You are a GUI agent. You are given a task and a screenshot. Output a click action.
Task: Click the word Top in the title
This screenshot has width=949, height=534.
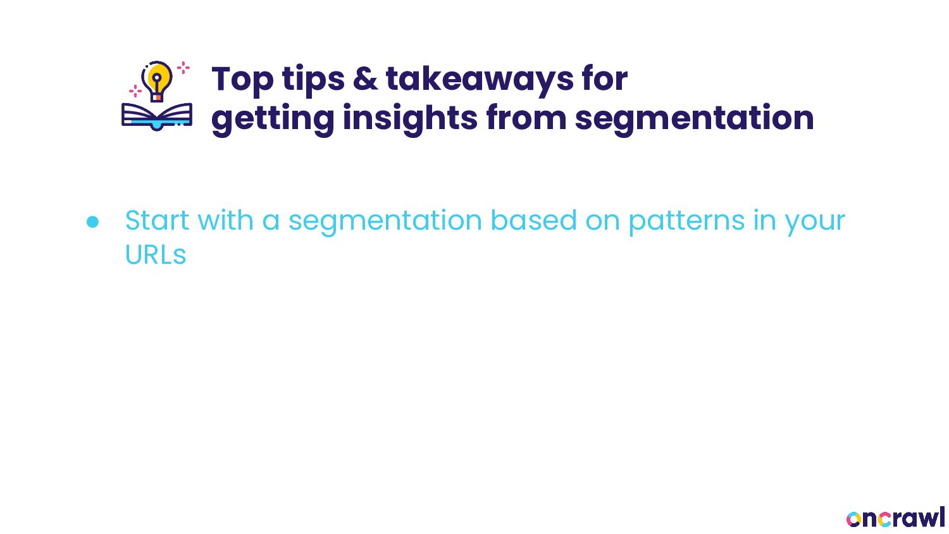(x=242, y=80)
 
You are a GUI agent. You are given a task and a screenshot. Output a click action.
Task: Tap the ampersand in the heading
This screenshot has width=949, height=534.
(x=365, y=78)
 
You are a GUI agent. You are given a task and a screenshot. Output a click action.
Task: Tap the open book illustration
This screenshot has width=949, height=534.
(x=157, y=116)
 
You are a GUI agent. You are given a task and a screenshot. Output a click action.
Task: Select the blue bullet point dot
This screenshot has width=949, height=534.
(x=92, y=222)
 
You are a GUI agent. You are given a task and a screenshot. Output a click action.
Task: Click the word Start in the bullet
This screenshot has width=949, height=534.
(x=157, y=220)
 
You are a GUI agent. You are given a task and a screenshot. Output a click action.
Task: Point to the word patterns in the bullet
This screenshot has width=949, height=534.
(x=686, y=221)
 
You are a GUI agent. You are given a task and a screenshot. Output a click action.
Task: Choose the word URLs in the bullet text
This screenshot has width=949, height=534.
(x=156, y=255)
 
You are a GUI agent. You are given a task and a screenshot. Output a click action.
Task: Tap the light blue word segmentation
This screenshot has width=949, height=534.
(x=385, y=221)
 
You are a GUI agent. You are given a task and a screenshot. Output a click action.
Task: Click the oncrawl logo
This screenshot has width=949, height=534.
(x=895, y=518)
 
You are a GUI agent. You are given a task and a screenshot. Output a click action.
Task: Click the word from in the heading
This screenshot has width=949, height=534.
(x=526, y=118)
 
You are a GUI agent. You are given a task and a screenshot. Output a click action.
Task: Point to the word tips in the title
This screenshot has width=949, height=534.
(x=314, y=80)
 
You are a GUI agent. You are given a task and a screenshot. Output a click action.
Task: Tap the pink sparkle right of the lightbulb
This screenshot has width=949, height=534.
(x=183, y=68)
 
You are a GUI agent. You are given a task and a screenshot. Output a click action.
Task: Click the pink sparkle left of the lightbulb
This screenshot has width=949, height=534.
(x=135, y=90)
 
